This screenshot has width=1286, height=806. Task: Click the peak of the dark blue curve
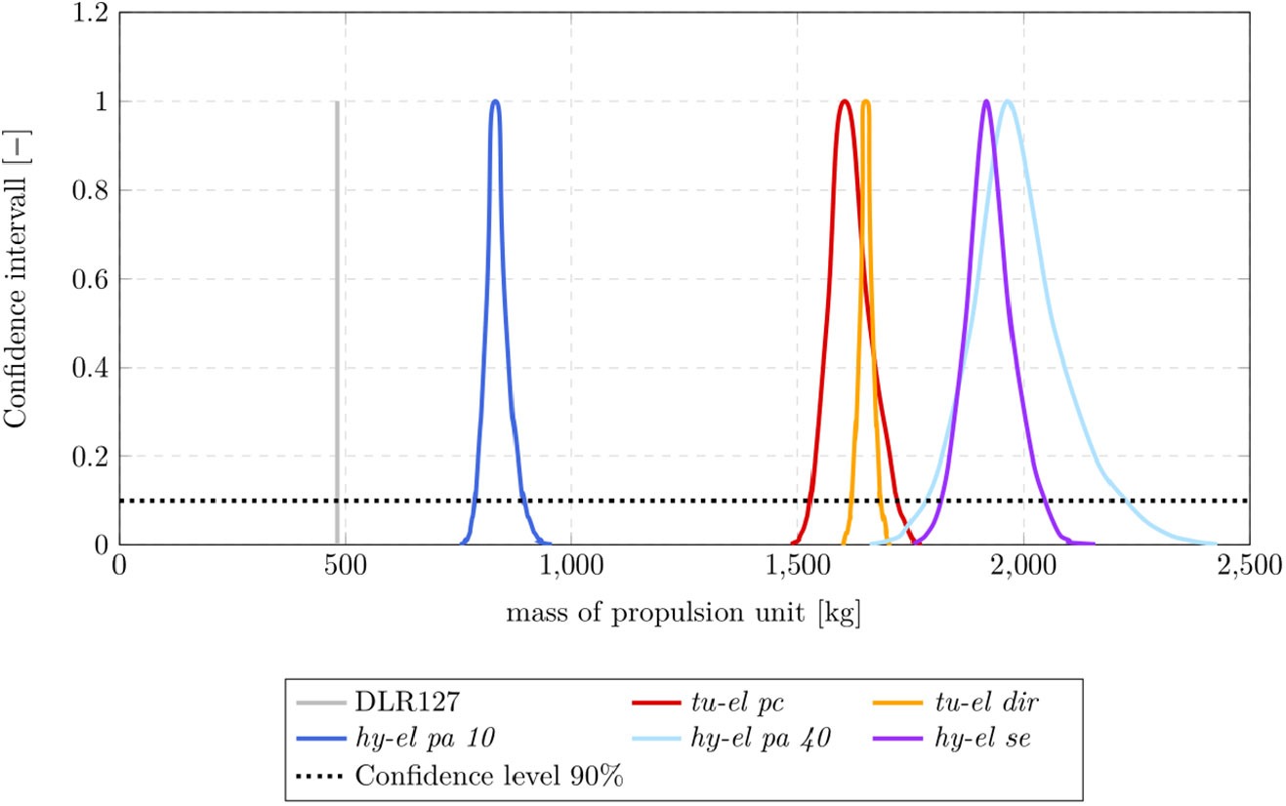[x=495, y=101]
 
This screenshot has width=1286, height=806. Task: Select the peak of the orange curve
[x=866, y=101]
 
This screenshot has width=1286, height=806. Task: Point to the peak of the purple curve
[x=986, y=101]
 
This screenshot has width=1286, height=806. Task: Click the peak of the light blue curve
[x=1006, y=101]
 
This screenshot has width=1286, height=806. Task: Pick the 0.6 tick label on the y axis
[x=92, y=280]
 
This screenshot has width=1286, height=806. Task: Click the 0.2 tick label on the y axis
[x=92, y=457]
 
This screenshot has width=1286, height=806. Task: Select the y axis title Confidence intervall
[x=16, y=278]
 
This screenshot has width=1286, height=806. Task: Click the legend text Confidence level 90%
[x=490, y=777]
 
